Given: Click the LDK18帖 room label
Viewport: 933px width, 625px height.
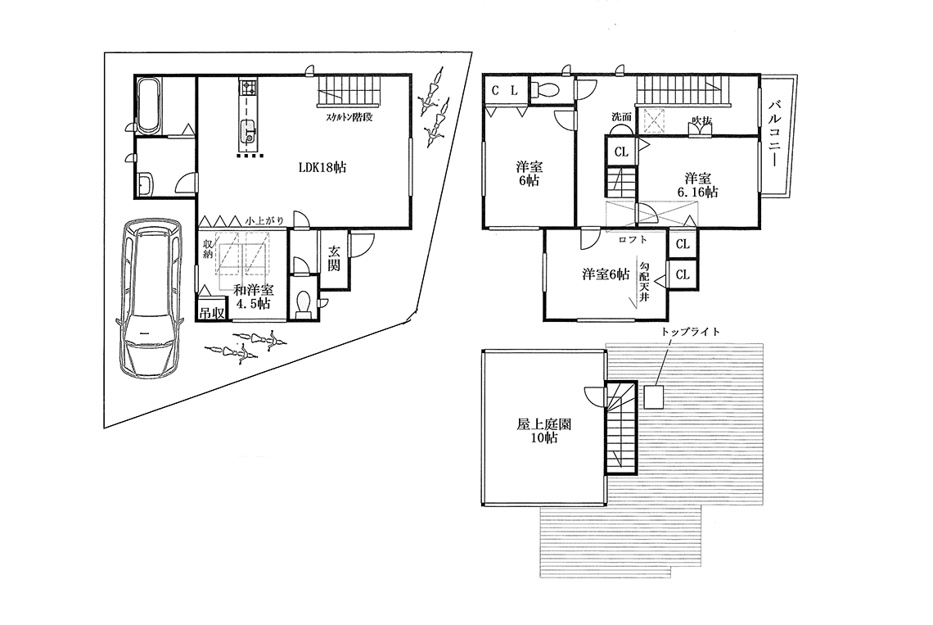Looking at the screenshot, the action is (322, 167).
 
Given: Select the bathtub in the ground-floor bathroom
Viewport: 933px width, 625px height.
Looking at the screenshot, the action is (148, 106).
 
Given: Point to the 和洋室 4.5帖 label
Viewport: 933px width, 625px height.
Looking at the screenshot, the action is (253, 297).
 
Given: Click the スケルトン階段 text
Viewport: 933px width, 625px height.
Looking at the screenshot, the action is (349, 117).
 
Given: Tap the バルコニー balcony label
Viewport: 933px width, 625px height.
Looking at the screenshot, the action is (774, 134).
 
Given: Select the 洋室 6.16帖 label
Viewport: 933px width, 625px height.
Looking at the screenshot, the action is (697, 184).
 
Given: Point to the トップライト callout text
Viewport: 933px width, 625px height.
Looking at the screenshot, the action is (690, 332).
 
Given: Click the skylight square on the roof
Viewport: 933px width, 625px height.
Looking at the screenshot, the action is (653, 397).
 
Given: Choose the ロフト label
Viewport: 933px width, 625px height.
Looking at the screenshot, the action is (633, 240).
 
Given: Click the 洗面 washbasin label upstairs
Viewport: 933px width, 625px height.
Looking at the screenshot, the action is (621, 117).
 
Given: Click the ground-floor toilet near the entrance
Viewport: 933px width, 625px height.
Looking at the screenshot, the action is (304, 303).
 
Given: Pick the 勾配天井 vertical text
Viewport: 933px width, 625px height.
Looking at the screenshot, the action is (643, 280).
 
